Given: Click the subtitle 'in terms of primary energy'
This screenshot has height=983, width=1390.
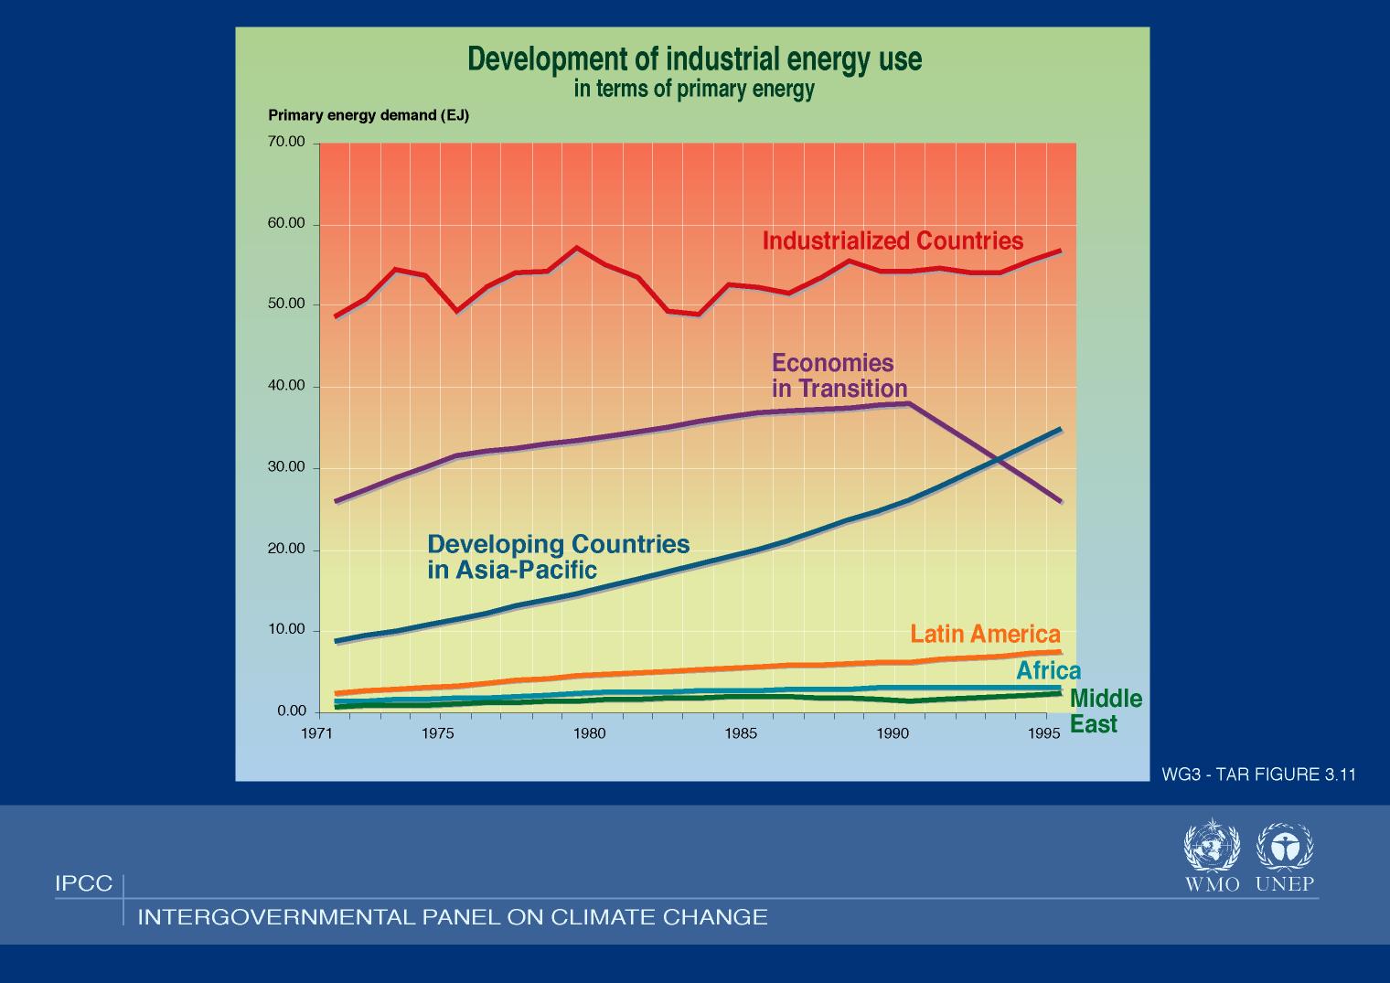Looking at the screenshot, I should coord(694,90).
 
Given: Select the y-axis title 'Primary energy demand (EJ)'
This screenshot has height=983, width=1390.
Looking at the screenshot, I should coord(368,116).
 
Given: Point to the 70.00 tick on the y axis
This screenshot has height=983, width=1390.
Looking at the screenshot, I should coord(286,143).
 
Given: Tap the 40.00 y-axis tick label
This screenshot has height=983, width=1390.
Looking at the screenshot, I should coord(286,386).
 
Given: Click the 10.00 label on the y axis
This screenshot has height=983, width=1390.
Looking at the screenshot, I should coord(286,630).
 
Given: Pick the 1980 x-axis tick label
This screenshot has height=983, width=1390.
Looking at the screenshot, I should coord(590,733).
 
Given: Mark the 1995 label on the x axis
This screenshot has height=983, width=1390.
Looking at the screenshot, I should coord(1044,733).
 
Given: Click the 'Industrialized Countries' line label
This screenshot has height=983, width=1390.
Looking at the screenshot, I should coord(893,240).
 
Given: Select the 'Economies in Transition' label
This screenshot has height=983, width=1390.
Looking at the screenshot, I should coord(839,376).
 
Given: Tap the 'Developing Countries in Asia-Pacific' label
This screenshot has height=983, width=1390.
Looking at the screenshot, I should coord(558,556).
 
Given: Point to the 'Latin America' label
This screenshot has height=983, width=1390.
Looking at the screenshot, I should coord(985,635).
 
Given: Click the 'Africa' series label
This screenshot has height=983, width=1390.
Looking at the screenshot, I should coord(1048,671).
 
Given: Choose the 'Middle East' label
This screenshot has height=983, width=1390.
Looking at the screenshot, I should coord(1105,711).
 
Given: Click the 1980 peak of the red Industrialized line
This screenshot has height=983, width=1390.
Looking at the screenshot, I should coord(576,248).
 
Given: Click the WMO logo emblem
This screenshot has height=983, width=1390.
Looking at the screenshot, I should coord(1211,846).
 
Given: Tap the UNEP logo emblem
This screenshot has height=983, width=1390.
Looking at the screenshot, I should coord(1284,846).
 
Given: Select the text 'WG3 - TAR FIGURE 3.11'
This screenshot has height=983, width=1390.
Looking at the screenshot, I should coord(1258,775).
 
